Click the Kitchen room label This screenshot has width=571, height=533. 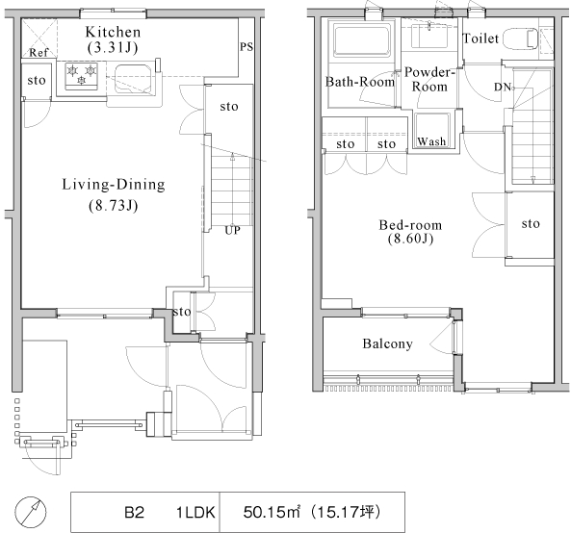click(x=113, y=32)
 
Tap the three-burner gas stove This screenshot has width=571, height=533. click(x=82, y=76)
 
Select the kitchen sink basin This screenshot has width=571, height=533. click(x=133, y=80)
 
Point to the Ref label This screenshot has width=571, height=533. click(x=39, y=53)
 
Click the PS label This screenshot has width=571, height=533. click(x=247, y=46)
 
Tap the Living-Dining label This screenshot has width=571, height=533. click(x=114, y=185)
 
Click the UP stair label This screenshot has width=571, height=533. click(x=232, y=230)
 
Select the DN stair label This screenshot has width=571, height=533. click(x=503, y=88)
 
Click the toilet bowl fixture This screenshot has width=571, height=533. click(x=522, y=38)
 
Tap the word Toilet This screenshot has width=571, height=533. click(x=480, y=38)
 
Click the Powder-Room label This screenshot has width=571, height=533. click(x=429, y=79)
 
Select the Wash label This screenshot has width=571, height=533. click(x=431, y=141)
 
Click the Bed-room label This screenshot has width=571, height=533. click(x=410, y=225)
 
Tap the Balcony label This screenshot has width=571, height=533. click(x=388, y=343)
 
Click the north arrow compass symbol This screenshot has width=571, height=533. click(x=31, y=512)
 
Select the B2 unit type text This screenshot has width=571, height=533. click(x=135, y=513)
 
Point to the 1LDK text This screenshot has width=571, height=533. click(x=195, y=513)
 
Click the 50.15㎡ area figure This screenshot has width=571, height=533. click(x=272, y=512)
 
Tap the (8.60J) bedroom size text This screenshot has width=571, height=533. click(x=410, y=239)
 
